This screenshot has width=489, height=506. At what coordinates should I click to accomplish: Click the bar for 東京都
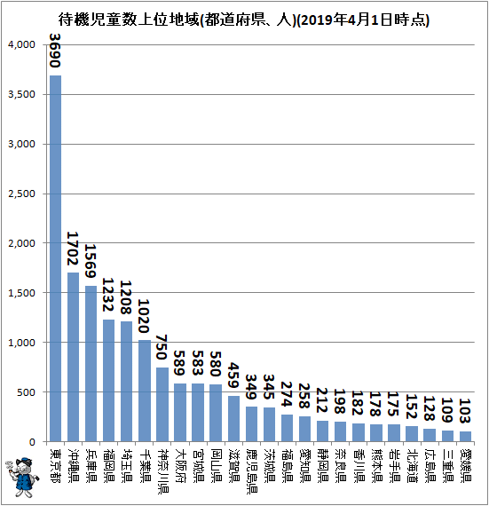pos(56,258)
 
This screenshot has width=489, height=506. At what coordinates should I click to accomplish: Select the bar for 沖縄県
pos(74,357)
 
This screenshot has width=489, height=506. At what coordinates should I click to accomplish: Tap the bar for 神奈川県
pos(162,405)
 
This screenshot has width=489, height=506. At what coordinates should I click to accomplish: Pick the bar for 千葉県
pos(145,391)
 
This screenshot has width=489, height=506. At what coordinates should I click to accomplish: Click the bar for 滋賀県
pos(233,419)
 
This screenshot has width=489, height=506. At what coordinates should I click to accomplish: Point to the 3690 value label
pos(55,51)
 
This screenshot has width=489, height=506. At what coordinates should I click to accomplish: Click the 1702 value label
pos(73,249)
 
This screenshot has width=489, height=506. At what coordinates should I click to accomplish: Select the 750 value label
pos(162,347)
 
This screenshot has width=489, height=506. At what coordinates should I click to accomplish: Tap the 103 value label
pos(465,411)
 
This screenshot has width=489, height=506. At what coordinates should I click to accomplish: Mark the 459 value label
pos(233,376)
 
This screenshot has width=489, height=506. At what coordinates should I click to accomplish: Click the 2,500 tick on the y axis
pos(21,194)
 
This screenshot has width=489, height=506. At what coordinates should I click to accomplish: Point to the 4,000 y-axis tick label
pos(21,45)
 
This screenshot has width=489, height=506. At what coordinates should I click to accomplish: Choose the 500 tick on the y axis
pos(27,392)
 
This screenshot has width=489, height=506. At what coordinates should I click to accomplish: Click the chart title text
pos(244,20)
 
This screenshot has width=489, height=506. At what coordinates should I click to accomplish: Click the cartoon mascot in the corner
pos(21,477)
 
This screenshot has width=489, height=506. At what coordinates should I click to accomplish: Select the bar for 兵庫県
pos(91,364)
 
